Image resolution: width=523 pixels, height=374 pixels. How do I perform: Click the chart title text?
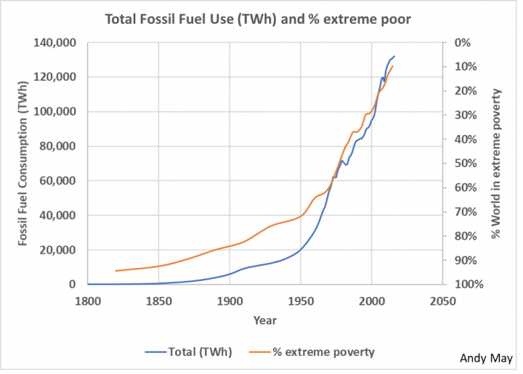pos(258,19)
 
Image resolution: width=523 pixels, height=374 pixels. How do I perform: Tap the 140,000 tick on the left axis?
pos(57,43)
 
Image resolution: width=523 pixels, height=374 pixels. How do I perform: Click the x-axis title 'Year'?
pos(264,320)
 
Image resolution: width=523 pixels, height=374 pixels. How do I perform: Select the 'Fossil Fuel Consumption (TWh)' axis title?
pos(24,163)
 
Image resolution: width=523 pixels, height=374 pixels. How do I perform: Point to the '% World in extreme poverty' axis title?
pos(497,163)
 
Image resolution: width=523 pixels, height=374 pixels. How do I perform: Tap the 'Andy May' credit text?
pos(486,358)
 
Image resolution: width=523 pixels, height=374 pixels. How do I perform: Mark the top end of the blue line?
pos(394,57)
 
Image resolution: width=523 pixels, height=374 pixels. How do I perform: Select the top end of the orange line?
pos(393,66)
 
